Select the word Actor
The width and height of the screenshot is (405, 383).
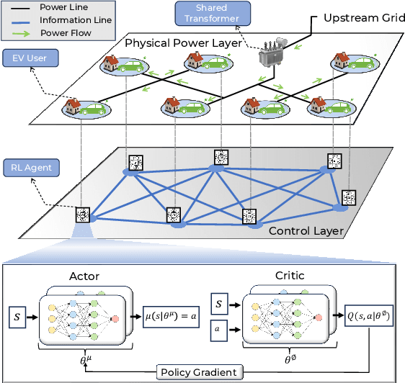(x=84, y=275)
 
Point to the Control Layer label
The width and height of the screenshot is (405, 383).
(x=306, y=230)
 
